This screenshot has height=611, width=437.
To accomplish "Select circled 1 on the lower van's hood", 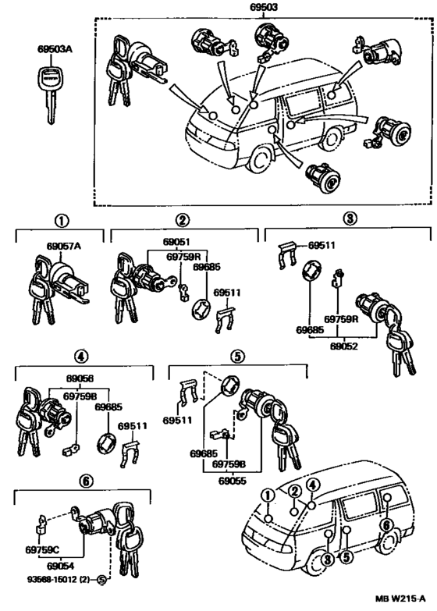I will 268,496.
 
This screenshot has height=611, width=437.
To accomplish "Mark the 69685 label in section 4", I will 108,407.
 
